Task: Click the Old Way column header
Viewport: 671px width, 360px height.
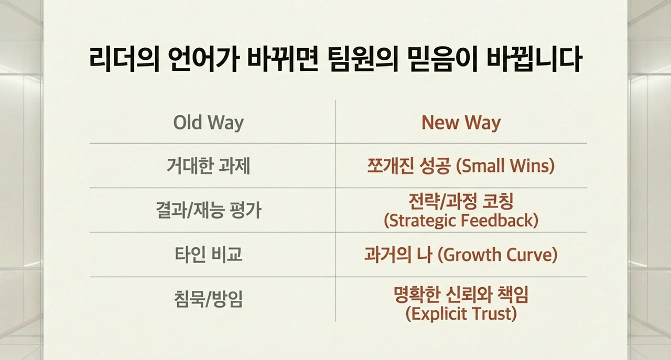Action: point(209,123)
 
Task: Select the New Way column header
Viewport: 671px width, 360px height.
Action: point(461,123)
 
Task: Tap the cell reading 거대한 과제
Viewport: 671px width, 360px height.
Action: point(209,166)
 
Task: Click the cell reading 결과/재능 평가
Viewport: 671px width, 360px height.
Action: point(209,210)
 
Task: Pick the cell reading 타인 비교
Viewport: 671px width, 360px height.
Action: point(209,255)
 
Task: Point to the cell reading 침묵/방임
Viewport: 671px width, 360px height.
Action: point(209,299)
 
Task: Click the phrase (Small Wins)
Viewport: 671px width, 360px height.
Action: point(505,166)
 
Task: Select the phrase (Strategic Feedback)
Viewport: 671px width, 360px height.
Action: point(461,221)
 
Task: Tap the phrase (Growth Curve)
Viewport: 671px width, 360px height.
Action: point(497,255)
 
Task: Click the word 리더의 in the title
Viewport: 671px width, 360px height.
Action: point(124,59)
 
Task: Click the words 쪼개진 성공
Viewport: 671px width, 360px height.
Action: point(409,166)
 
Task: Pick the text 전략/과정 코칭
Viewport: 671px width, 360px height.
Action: point(461,201)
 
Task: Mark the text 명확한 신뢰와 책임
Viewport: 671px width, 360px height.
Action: point(461,294)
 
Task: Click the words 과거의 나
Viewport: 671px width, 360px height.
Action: point(398,255)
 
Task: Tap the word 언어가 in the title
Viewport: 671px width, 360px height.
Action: point(204,59)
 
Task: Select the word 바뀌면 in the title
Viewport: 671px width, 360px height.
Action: point(284,59)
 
